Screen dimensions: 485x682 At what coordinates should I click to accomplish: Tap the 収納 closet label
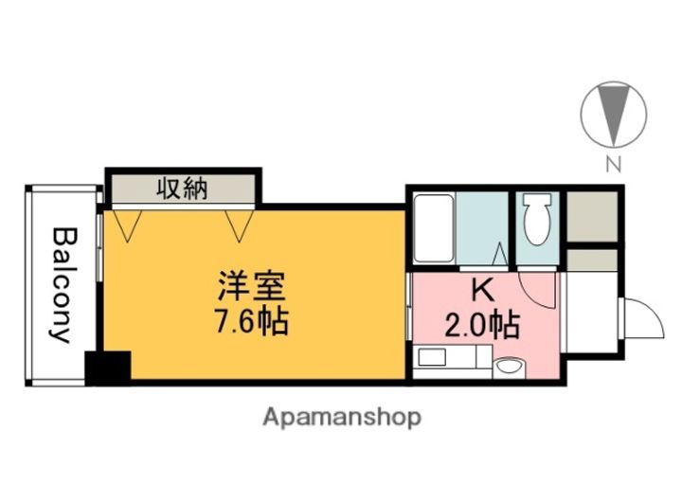[181, 189]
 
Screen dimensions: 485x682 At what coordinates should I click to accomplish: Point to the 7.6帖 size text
[250, 322]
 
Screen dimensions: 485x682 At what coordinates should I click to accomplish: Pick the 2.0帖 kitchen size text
[482, 326]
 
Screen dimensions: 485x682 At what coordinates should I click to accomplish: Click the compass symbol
[613, 114]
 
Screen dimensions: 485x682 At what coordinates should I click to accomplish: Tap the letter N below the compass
[614, 165]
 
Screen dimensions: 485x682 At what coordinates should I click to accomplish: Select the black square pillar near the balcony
[107, 367]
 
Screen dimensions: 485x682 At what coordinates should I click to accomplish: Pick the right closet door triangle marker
[242, 223]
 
